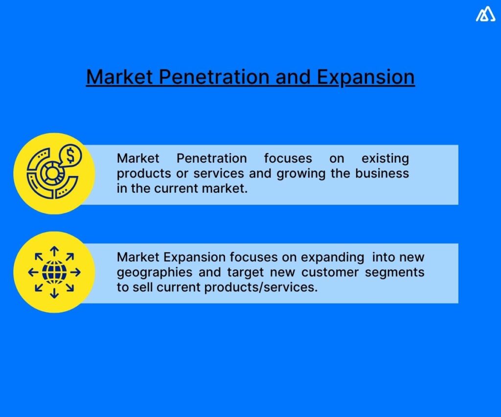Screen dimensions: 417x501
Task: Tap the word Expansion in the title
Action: tap(365, 77)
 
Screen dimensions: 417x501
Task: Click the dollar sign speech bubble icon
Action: tap(70, 157)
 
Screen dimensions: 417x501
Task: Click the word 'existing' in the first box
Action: tap(385, 158)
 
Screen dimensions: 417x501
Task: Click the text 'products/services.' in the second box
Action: tap(261, 287)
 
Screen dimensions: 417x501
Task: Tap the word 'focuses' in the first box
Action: tap(288, 158)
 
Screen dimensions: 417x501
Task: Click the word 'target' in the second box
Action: tap(246, 272)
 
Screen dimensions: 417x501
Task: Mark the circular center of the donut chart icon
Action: tap(50, 173)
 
